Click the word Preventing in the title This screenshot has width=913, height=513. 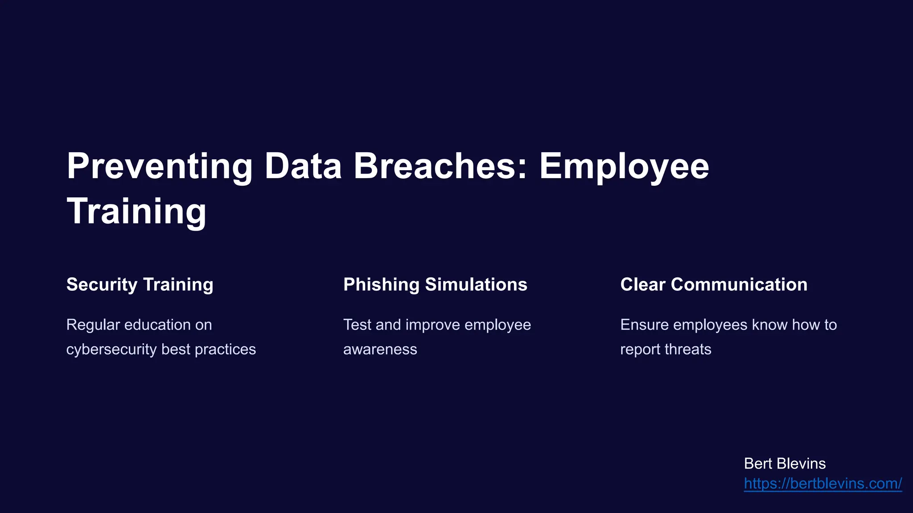point(160,167)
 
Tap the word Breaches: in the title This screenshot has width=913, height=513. point(440,166)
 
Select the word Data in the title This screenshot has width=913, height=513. point(303,166)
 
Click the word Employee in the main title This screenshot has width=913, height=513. point(624,167)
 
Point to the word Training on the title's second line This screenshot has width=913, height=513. point(136,211)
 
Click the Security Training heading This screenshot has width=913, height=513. point(140,285)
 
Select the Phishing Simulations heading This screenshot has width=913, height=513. point(435,285)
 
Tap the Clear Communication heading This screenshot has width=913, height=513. point(713,285)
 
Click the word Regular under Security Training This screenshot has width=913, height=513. point(93,325)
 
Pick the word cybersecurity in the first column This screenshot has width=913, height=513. point(111,349)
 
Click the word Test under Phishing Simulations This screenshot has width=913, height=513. point(357,325)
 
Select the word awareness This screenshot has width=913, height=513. point(380,349)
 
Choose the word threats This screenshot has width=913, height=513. point(687,349)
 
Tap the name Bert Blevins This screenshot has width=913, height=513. point(785,464)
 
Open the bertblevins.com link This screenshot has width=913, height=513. point(823,483)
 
